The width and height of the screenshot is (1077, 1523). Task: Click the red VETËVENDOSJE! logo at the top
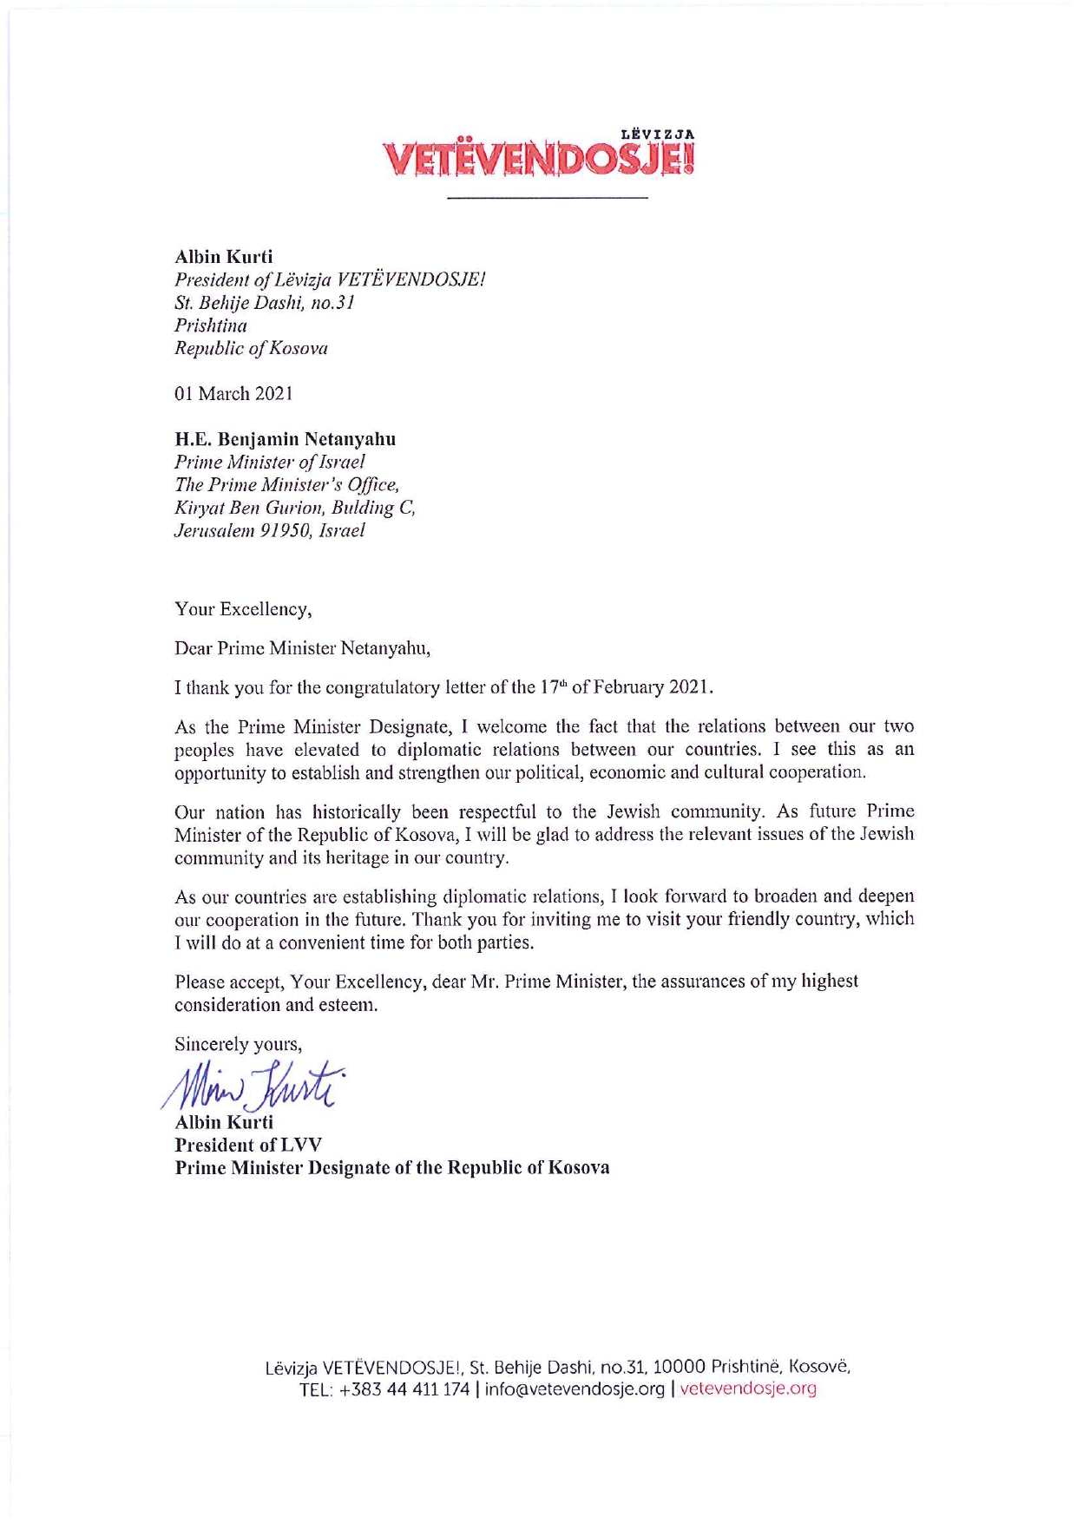pyautogui.click(x=539, y=161)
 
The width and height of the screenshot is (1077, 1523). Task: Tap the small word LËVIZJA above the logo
pyautogui.click(x=658, y=135)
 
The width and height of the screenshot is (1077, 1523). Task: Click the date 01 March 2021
pyautogui.click(x=233, y=394)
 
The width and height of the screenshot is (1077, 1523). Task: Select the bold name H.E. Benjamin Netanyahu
pyautogui.click(x=286, y=439)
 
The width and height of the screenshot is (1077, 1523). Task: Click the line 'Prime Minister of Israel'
pyautogui.click(x=270, y=462)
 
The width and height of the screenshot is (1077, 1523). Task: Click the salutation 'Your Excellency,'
pyautogui.click(x=243, y=609)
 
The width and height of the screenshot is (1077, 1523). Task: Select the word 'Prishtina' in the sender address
pyautogui.click(x=211, y=326)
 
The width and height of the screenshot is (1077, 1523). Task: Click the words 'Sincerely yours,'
pyautogui.click(x=238, y=1044)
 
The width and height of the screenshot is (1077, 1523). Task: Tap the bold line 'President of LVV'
pyautogui.click(x=236, y=1145)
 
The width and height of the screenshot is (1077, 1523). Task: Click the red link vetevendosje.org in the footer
pyautogui.click(x=748, y=1388)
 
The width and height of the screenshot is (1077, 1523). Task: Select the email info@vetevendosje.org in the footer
pyautogui.click(x=575, y=1388)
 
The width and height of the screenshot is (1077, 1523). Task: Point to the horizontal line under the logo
pyautogui.click(x=547, y=199)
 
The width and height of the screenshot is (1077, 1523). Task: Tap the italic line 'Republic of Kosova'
pyautogui.click(x=251, y=349)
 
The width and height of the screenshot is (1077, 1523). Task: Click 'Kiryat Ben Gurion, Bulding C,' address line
pyautogui.click(x=295, y=508)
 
